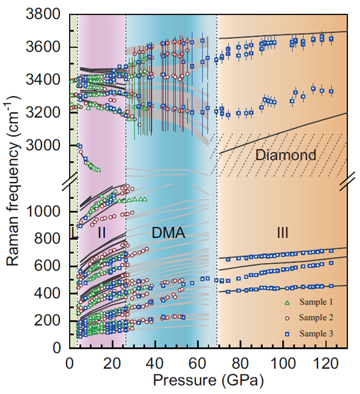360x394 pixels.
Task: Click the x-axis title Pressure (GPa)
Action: (208, 380)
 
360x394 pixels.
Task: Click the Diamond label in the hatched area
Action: (286, 156)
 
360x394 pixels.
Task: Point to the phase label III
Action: (284, 231)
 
